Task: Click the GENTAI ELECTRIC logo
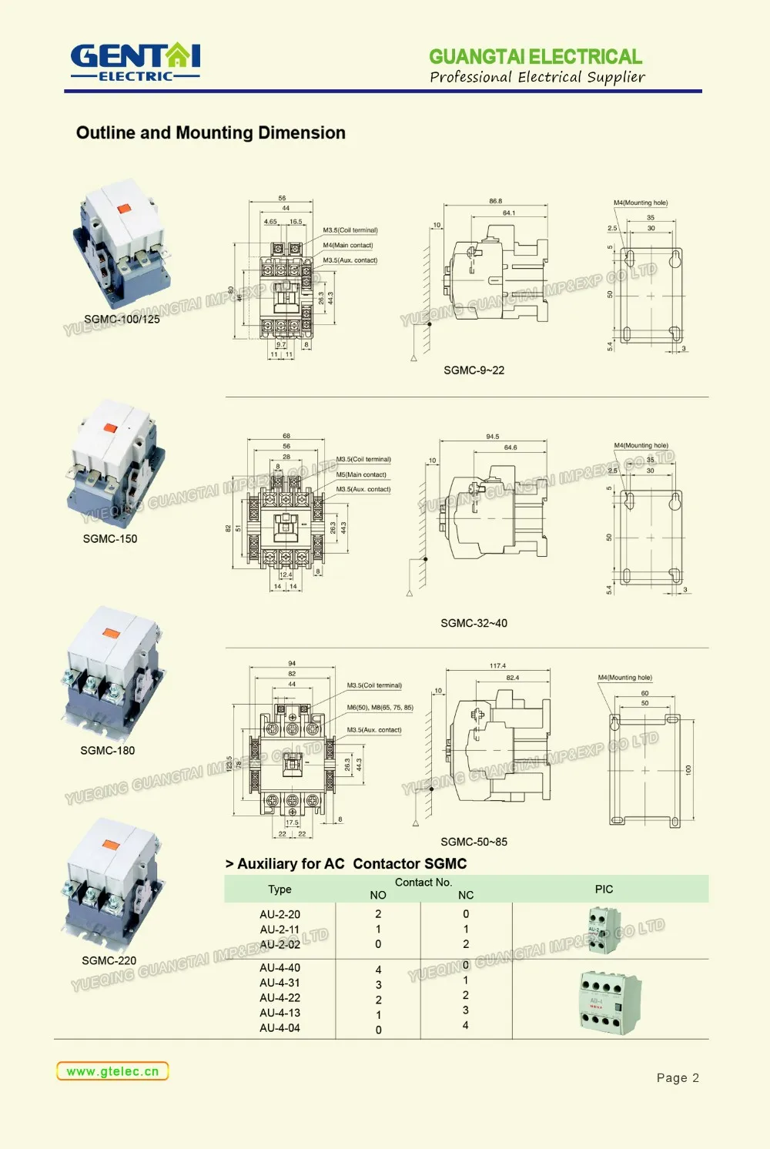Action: [136, 62]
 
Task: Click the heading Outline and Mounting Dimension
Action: [210, 132]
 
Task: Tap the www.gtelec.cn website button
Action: [112, 1071]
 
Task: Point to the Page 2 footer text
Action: [678, 1077]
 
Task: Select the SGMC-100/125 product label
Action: [122, 319]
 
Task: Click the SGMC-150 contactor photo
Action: [113, 462]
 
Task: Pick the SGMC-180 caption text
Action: [108, 750]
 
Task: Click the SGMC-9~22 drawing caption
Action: [474, 370]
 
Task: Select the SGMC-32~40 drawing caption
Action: [474, 623]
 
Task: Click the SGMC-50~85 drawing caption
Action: [474, 842]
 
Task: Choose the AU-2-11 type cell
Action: [280, 930]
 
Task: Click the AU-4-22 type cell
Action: [280, 997]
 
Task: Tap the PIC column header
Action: [604, 889]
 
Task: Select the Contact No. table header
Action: [423, 883]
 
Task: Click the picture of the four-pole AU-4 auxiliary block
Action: [609, 1001]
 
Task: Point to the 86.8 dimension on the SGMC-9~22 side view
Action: [495, 201]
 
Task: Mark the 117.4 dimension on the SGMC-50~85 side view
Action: [497, 666]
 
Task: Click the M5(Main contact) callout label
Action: [361, 474]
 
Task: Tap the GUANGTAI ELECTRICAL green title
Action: [535, 57]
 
